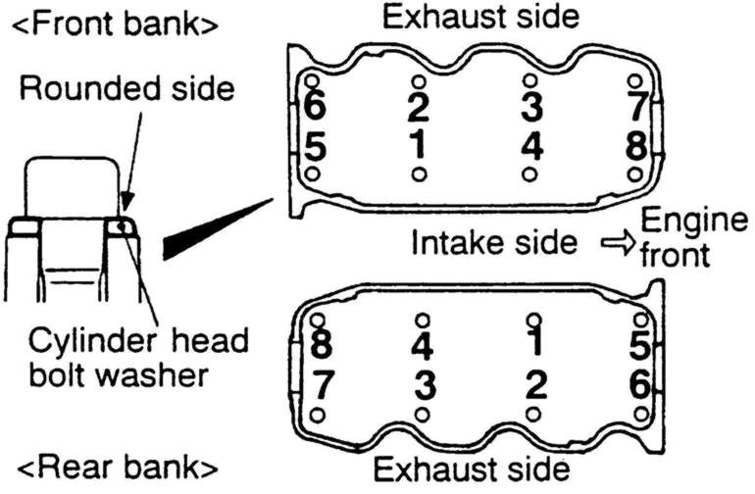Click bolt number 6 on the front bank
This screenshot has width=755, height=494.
click(x=315, y=103)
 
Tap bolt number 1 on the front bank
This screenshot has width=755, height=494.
click(x=419, y=145)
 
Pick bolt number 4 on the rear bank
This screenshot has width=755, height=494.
click(x=423, y=348)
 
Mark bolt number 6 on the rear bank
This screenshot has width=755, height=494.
click(x=639, y=385)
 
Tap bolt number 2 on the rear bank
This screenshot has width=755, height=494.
click(x=533, y=385)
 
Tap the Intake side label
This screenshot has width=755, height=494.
click(x=494, y=242)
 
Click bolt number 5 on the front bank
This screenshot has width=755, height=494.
click(x=315, y=145)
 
